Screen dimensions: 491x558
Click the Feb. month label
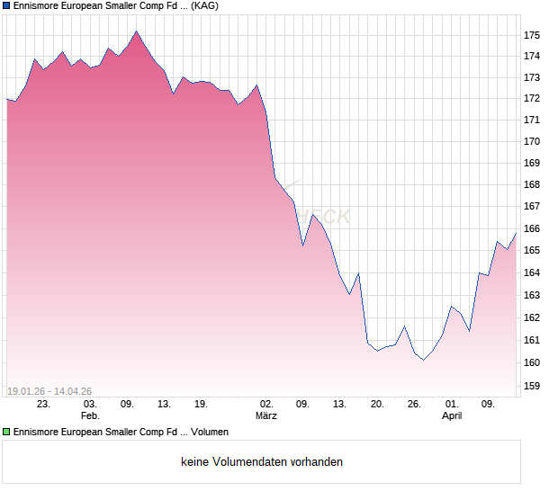click(x=89, y=415)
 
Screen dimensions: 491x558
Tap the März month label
click(x=266, y=415)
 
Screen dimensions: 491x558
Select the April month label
click(x=452, y=415)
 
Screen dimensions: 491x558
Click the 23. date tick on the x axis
click(x=43, y=405)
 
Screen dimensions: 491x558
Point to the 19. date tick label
click(x=201, y=405)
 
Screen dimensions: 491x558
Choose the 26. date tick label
click(x=414, y=405)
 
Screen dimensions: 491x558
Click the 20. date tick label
click(x=377, y=405)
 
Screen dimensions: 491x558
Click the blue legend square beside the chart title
click(x=7, y=5)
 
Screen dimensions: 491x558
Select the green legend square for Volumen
click(x=7, y=432)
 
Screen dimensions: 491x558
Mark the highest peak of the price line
click(x=136, y=31)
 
